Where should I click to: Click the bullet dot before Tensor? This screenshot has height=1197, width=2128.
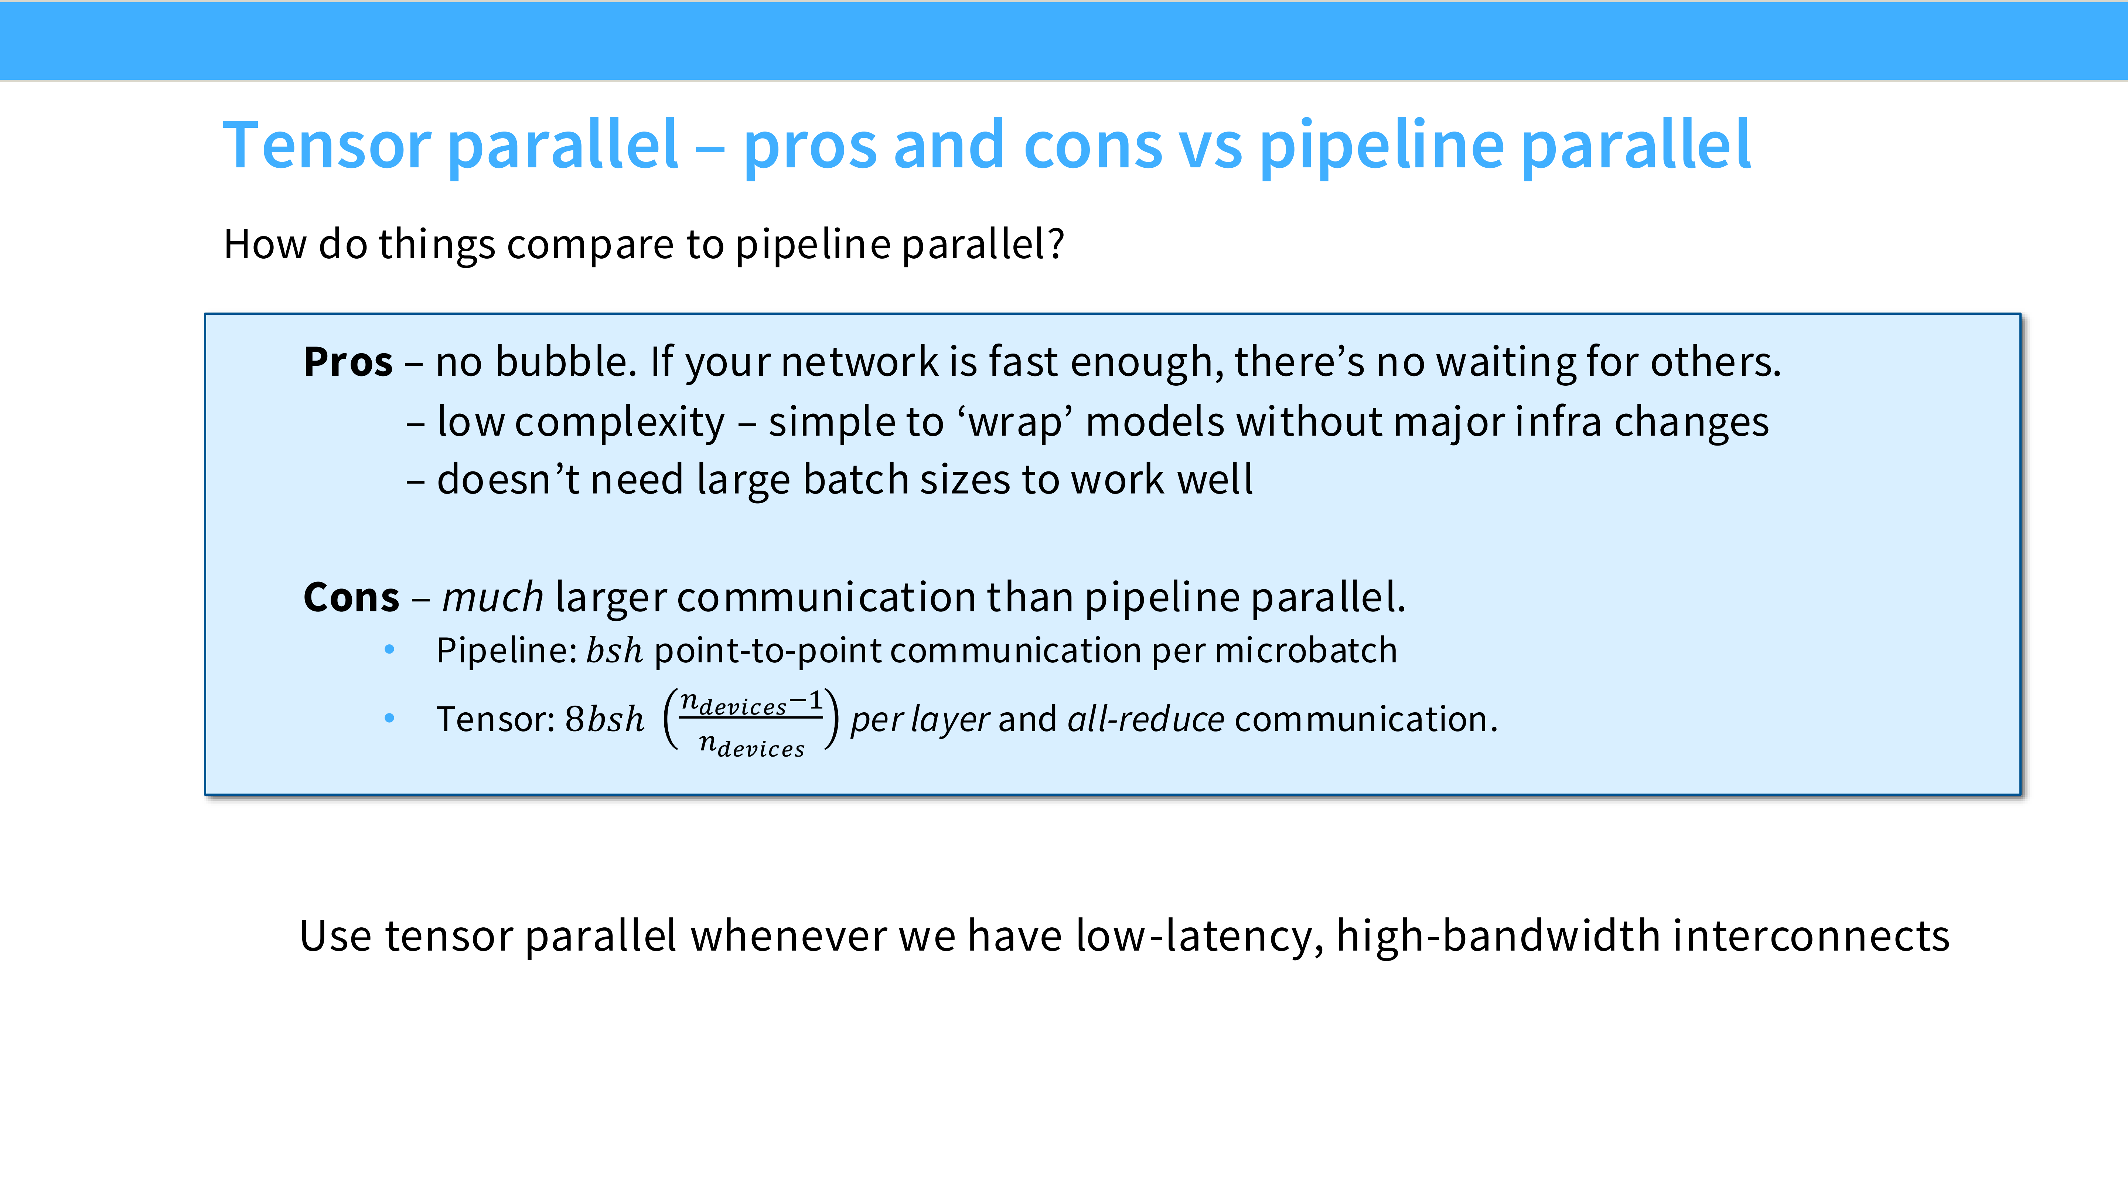click(389, 718)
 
